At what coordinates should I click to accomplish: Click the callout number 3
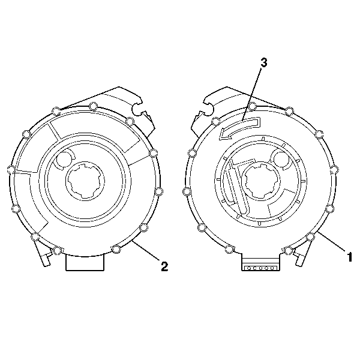pyautogui.click(x=264, y=62)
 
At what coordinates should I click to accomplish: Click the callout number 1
pyautogui.click(x=349, y=257)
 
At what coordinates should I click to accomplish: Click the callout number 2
pyautogui.click(x=164, y=266)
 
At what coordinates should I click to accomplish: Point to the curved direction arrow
pyautogui.click(x=239, y=128)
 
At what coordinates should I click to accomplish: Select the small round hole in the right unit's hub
pyautogui.click(x=281, y=158)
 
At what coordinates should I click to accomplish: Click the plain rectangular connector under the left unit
pyautogui.click(x=85, y=262)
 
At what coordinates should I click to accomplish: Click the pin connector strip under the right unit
pyautogui.click(x=260, y=268)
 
